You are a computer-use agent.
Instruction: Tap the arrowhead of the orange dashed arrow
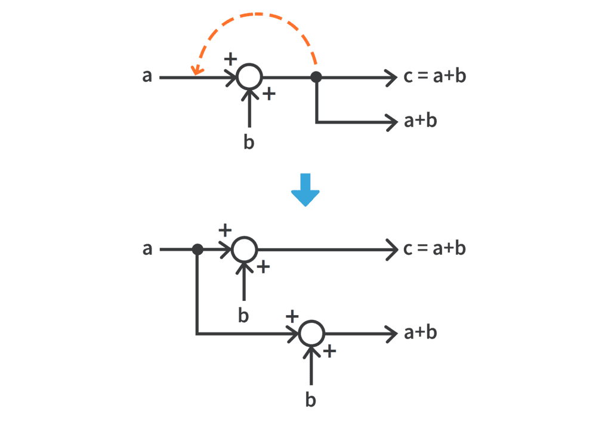(x=193, y=72)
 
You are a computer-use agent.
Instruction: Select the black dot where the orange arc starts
(x=316, y=77)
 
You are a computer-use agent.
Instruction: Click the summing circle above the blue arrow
(x=249, y=77)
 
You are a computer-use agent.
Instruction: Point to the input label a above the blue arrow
(x=147, y=77)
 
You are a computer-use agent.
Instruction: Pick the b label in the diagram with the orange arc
(x=249, y=143)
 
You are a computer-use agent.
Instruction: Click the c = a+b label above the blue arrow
(x=434, y=77)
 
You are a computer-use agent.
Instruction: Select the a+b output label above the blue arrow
(x=421, y=121)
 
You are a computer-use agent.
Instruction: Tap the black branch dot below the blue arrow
(x=198, y=250)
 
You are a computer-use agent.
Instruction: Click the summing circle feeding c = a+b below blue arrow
(x=243, y=250)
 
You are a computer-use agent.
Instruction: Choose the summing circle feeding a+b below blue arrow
(x=311, y=334)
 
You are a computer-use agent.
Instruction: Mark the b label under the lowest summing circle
(x=311, y=399)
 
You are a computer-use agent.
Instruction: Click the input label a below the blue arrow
(x=147, y=250)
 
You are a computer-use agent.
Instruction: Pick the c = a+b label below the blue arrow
(x=434, y=250)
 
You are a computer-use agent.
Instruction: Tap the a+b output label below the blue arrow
(x=421, y=333)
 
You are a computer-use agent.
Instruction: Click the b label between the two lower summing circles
(x=243, y=316)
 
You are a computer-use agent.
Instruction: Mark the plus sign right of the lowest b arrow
(x=329, y=351)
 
